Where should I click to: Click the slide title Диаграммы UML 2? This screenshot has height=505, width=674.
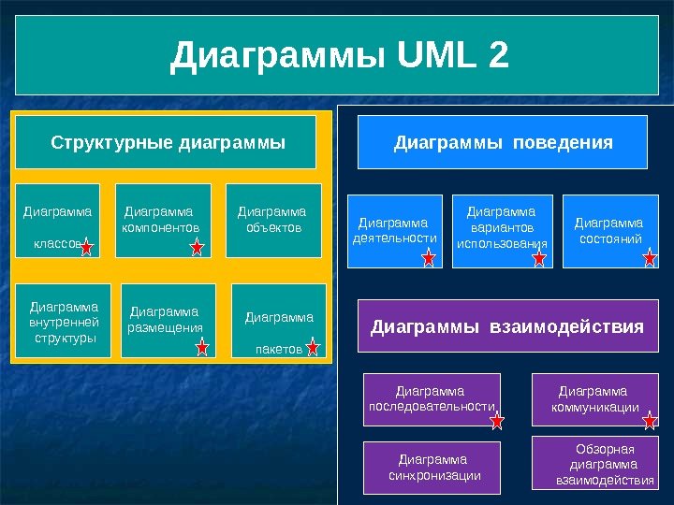[x=339, y=56]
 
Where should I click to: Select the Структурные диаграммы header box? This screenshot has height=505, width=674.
[x=167, y=143]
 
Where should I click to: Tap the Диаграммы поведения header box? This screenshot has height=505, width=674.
[x=503, y=142]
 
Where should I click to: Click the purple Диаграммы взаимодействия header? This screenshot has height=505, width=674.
[x=507, y=326]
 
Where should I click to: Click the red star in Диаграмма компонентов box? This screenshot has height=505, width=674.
[x=198, y=247]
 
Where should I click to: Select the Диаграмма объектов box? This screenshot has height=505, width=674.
[x=272, y=220]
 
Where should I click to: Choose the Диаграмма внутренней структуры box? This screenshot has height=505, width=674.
[x=64, y=321]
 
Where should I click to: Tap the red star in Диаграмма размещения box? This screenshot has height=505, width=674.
[x=202, y=348]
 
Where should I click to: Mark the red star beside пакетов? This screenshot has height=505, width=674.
[x=313, y=349]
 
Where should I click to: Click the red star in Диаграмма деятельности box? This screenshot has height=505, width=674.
[x=429, y=258]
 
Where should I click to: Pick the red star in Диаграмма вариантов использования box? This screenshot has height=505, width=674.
[x=539, y=258]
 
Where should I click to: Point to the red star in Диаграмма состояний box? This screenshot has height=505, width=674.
[x=650, y=258]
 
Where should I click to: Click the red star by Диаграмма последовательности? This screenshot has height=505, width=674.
[x=497, y=421]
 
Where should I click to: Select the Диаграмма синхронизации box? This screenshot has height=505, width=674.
[x=432, y=468]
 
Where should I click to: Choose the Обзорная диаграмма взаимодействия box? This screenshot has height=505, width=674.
[x=603, y=464]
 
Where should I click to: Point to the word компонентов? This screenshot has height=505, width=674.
[x=161, y=227]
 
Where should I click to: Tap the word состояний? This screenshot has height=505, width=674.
[x=609, y=239]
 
